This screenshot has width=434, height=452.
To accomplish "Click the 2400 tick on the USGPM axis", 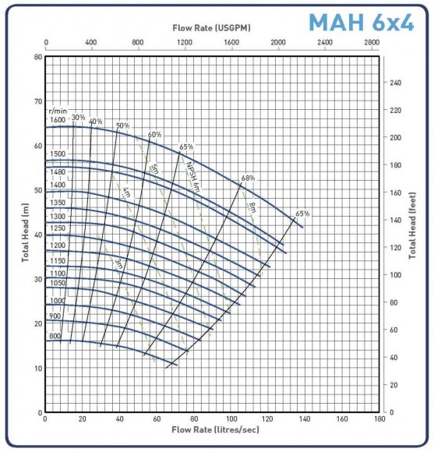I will (x=323, y=44).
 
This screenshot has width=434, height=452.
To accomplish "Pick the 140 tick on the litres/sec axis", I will (x=305, y=419).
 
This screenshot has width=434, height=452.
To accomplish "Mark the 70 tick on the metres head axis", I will (x=36, y=101).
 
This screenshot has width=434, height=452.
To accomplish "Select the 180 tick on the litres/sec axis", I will (x=379, y=419).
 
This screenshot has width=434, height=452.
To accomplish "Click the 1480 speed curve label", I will (x=58, y=171).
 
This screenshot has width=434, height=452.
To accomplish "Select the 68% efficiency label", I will (x=248, y=178).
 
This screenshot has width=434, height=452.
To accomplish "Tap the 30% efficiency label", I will (x=78, y=118).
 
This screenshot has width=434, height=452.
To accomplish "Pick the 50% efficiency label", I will (x=122, y=126).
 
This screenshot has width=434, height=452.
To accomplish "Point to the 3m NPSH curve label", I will (x=119, y=263).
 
